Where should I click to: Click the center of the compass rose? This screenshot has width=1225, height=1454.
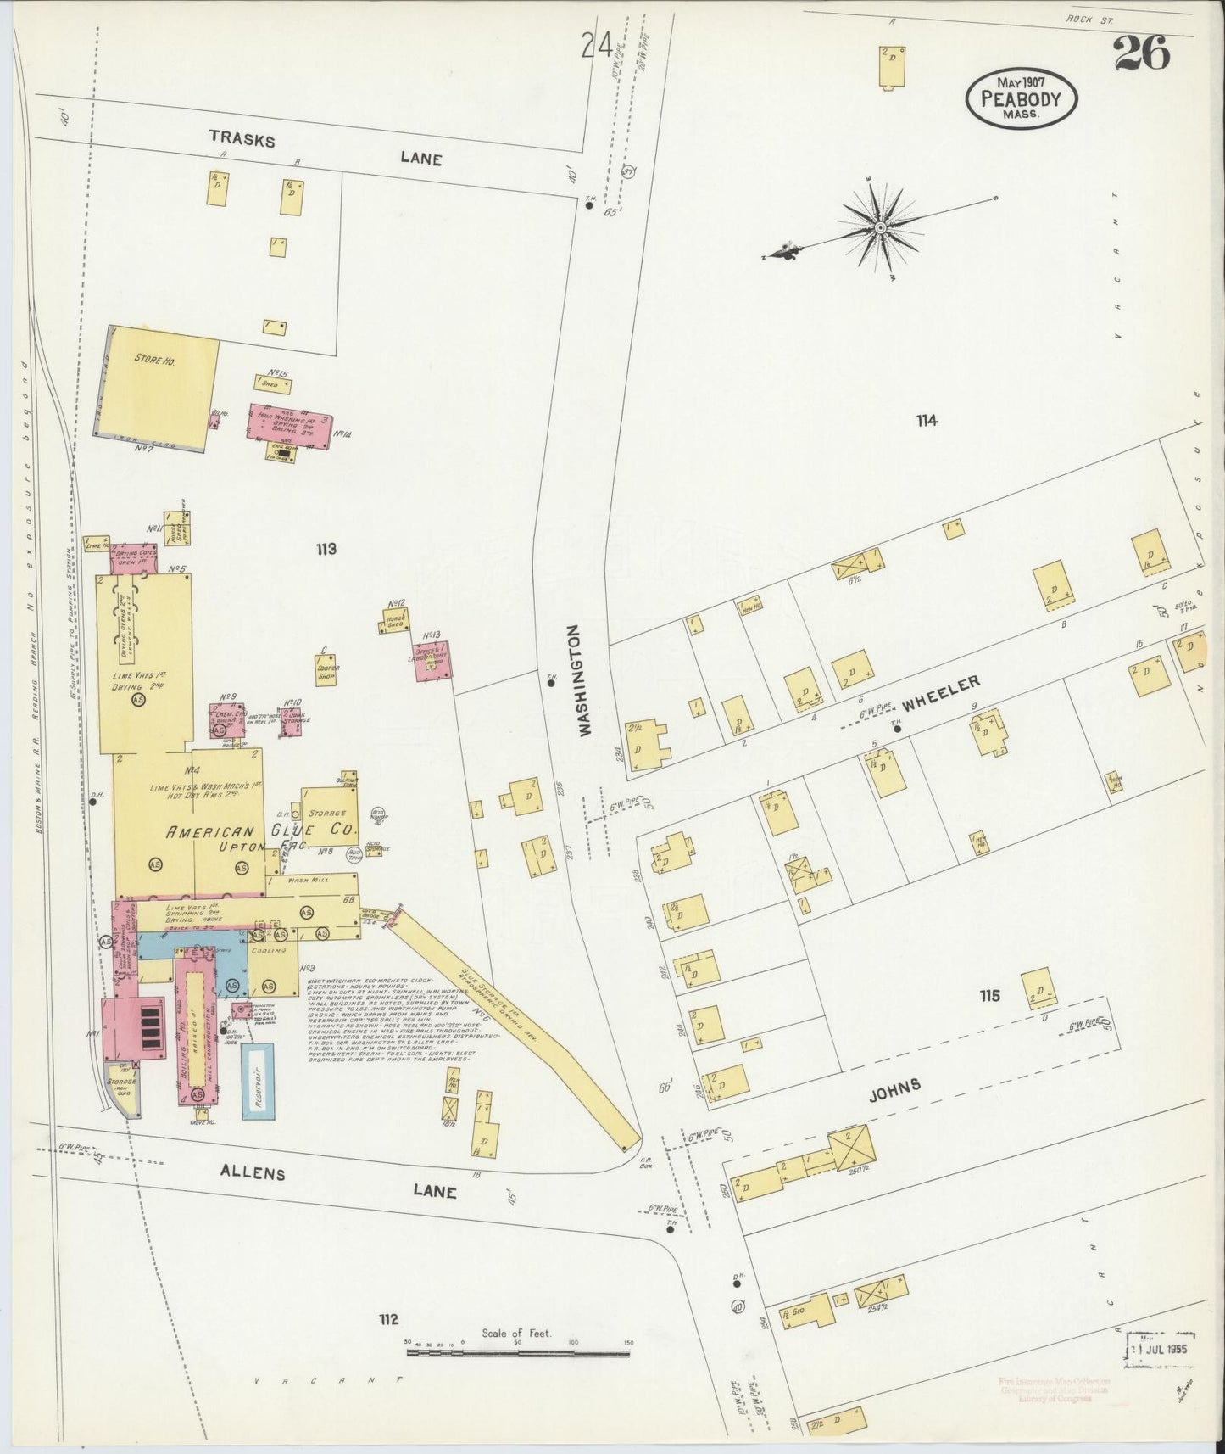(882, 228)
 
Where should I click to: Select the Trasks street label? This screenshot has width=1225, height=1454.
(242, 140)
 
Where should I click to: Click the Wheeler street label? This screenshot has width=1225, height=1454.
(941, 693)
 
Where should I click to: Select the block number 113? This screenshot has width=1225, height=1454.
(326, 549)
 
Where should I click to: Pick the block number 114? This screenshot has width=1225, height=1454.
(927, 419)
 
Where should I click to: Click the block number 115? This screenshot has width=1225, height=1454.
(989, 995)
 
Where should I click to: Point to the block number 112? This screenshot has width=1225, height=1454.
(388, 1319)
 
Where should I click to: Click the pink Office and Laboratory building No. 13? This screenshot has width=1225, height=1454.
(432, 662)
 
